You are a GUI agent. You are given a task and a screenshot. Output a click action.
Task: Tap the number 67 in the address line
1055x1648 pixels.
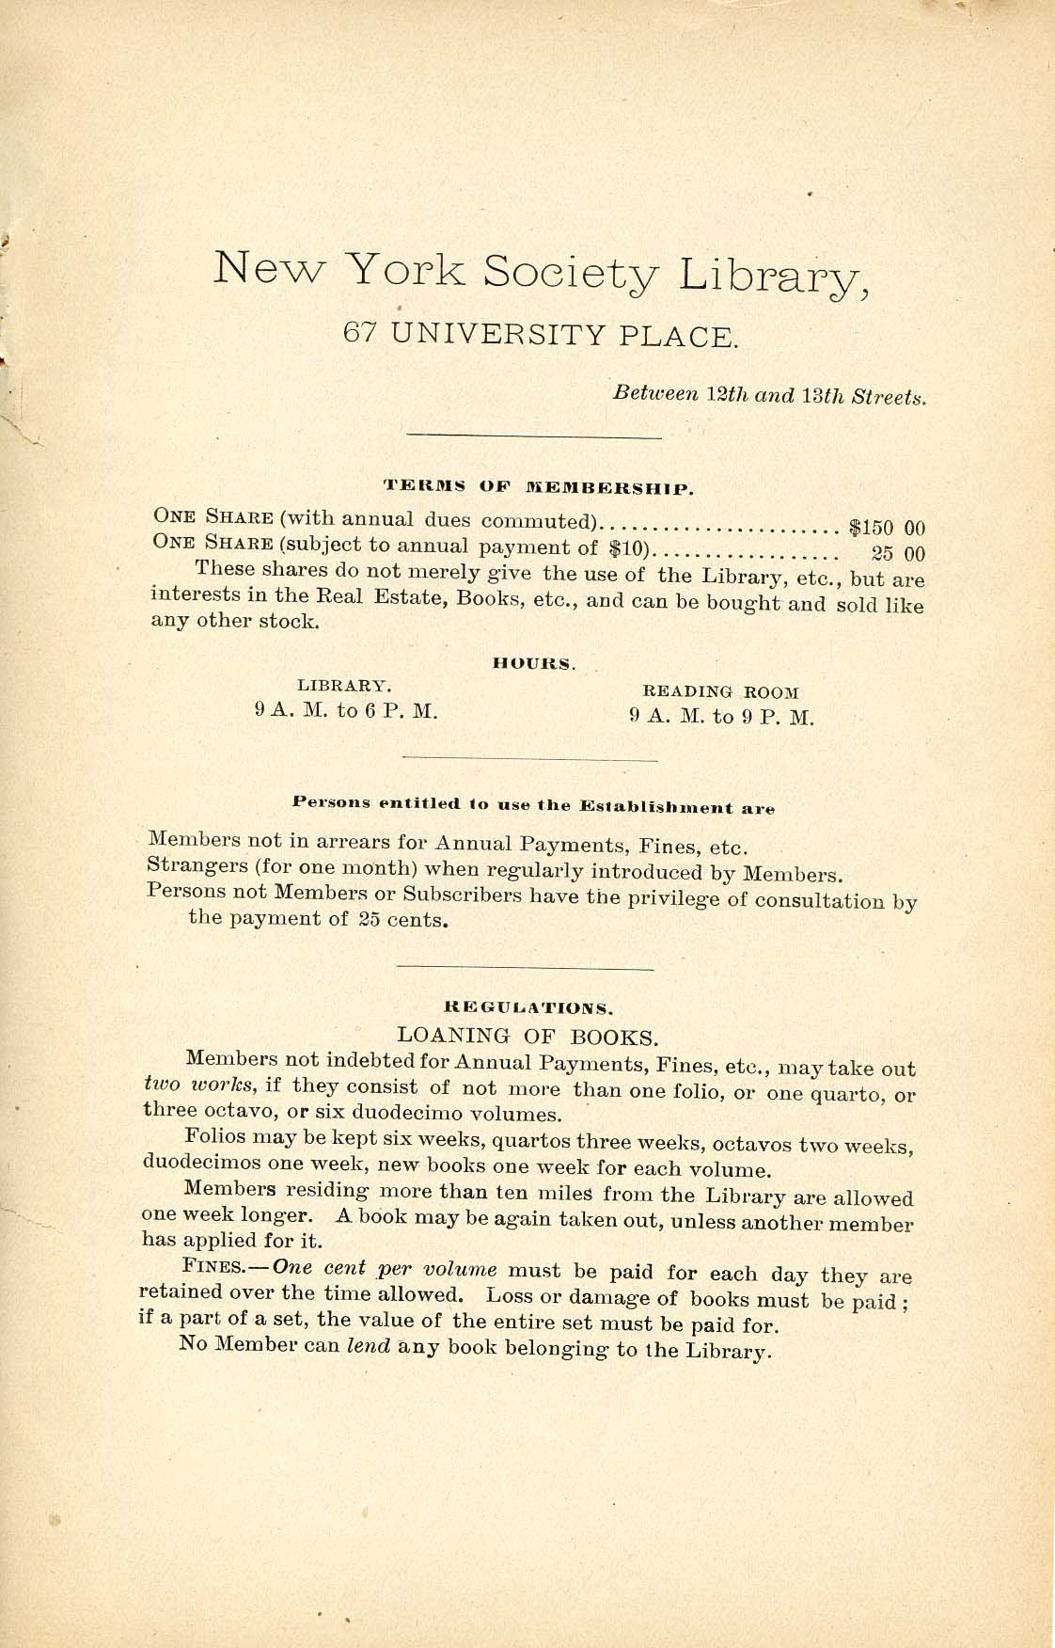coord(360,333)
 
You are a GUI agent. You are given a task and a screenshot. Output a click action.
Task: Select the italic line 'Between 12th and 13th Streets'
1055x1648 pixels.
coord(769,395)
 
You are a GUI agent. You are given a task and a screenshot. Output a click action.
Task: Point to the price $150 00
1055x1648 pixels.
coord(887,528)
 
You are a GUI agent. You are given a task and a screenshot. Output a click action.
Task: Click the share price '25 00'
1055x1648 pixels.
coord(899,553)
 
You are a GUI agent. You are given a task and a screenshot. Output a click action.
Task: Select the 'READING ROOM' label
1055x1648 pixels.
coord(720,692)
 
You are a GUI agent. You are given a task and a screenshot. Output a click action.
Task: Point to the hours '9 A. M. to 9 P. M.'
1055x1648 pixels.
coord(721,717)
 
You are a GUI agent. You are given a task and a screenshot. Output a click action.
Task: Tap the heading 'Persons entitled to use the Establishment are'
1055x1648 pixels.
coord(533,805)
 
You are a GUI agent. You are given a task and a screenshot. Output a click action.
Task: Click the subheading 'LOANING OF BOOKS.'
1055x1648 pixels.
coord(527,1037)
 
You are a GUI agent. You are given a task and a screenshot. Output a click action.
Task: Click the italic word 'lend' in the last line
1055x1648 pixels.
coord(369,1345)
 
